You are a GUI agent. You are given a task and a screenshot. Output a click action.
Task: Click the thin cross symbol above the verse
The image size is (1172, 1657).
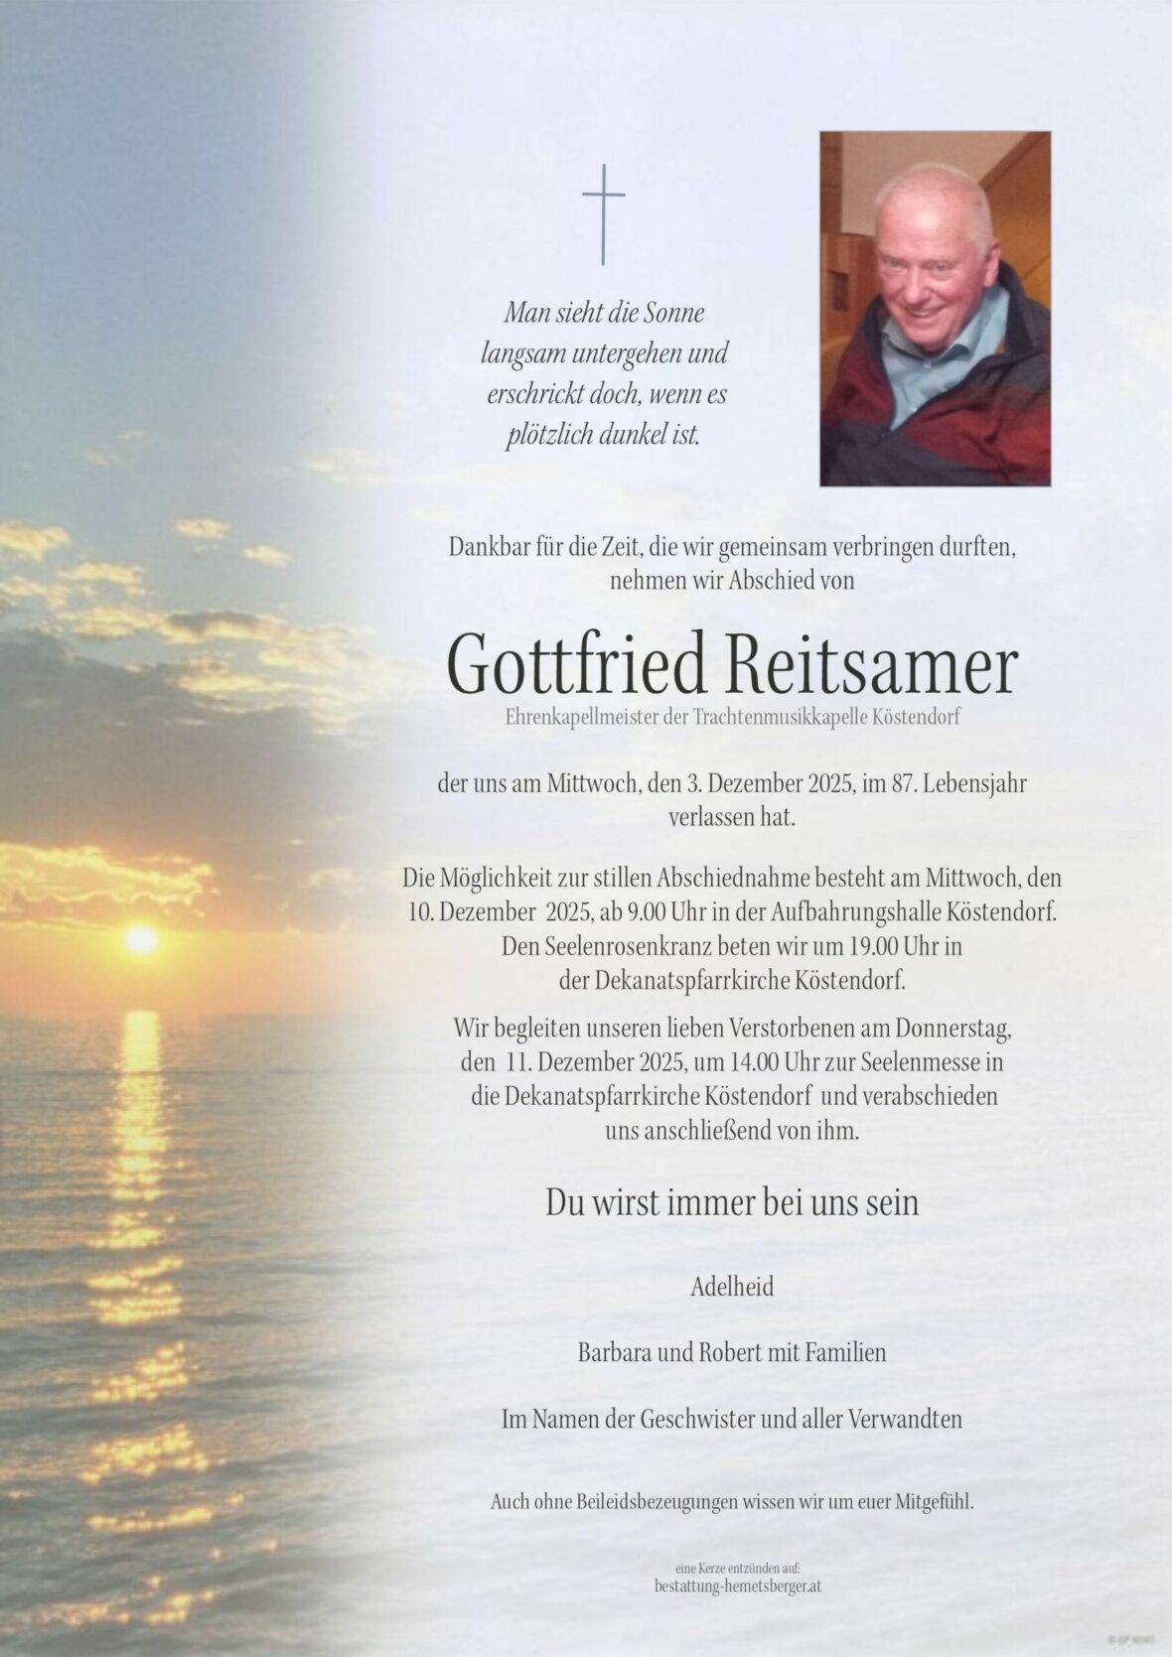[x=603, y=214]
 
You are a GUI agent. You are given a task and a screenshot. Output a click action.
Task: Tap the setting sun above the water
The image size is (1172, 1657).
[x=141, y=938]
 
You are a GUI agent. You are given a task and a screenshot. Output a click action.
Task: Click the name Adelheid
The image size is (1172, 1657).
[x=732, y=1288]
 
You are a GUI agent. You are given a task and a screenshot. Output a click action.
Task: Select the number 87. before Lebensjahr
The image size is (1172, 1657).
[x=904, y=784]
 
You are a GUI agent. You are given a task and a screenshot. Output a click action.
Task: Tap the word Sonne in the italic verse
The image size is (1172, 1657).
[x=672, y=314]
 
